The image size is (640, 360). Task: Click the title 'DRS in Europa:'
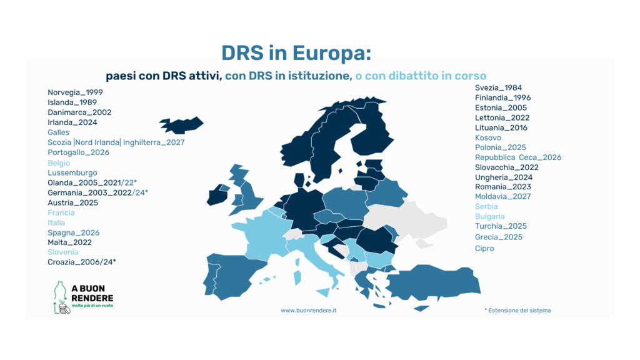[x=296, y=54]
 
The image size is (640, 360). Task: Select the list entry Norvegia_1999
[x=75, y=92]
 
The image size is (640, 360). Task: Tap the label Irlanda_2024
[x=72, y=122]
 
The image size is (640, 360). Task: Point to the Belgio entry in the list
[x=59, y=163]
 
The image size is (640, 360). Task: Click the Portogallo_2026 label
[x=78, y=152]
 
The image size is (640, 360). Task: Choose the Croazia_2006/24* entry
[x=82, y=262]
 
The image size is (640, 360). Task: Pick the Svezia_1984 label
[x=498, y=87]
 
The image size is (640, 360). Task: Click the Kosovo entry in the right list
[x=487, y=138]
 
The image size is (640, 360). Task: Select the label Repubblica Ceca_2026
[x=518, y=157]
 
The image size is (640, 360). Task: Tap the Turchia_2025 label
[x=501, y=226]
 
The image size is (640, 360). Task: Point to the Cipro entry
[x=484, y=249]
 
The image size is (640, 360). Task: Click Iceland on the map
[x=182, y=125]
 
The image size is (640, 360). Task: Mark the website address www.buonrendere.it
[x=309, y=311]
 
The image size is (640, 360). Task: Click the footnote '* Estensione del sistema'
[x=517, y=311]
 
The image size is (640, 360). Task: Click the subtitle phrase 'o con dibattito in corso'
[x=421, y=76]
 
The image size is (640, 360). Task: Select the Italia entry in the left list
[x=56, y=223]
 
